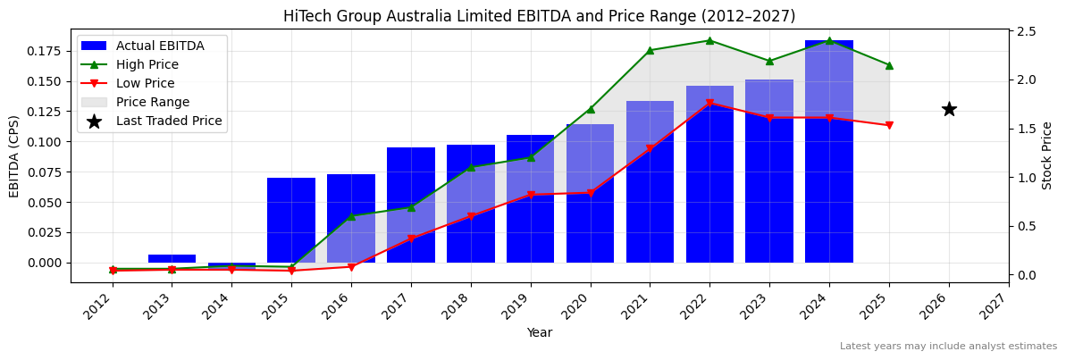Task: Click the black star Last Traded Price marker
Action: [x=949, y=109]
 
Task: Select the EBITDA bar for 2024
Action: [x=829, y=152]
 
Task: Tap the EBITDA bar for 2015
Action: [x=291, y=220]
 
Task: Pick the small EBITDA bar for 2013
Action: [x=172, y=258]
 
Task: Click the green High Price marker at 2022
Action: [x=709, y=40]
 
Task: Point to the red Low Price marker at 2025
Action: [x=889, y=125]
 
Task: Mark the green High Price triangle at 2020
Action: [x=590, y=109]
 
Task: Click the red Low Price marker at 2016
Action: [x=351, y=266]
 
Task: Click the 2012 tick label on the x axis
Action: [x=101, y=308]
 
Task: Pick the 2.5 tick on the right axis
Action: [x=1026, y=31]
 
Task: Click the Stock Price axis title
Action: [x=1047, y=155]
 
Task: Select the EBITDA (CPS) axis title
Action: [x=14, y=155]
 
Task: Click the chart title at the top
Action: [x=539, y=16]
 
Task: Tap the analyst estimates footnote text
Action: [x=948, y=347]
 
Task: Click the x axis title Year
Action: [x=539, y=332]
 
